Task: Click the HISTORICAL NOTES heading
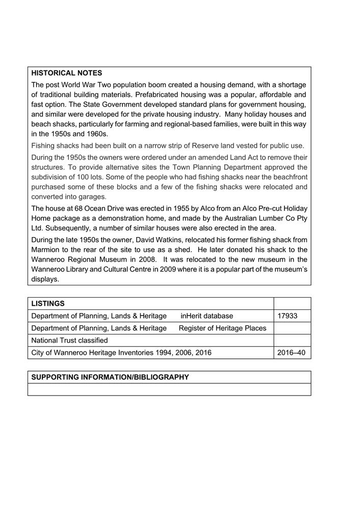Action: (66, 73)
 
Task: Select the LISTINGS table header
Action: (48, 303)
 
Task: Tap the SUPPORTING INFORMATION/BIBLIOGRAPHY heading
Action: (110, 377)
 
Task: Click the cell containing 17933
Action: (288, 316)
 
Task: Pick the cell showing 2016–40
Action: (292, 353)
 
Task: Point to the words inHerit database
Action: (207, 316)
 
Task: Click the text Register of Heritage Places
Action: (222, 328)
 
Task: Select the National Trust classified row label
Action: (69, 341)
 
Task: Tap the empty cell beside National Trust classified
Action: (292, 341)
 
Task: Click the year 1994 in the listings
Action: (164, 353)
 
